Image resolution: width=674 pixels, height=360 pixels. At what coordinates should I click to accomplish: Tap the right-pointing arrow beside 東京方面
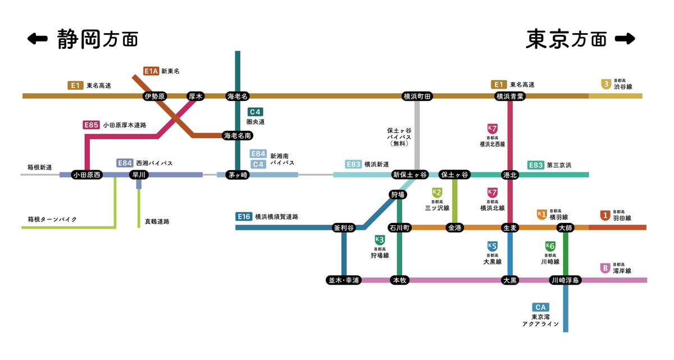tap(625, 39)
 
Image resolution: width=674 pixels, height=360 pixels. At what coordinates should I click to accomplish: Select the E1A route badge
tap(151, 71)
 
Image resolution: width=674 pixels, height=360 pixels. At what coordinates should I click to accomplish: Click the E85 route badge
tap(90, 125)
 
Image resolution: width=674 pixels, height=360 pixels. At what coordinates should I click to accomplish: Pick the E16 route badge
tap(244, 216)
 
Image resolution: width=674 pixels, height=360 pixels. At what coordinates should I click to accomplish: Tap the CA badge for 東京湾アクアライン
tap(540, 307)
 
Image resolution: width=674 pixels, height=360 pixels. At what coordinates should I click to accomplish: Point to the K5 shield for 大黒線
tap(492, 245)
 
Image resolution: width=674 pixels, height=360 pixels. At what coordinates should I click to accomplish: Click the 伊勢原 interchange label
tap(155, 96)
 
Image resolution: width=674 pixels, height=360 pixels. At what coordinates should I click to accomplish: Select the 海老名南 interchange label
tap(238, 135)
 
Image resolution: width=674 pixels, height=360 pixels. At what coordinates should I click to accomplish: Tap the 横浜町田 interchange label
tap(417, 96)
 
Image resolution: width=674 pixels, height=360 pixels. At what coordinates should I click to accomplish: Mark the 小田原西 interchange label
tap(87, 175)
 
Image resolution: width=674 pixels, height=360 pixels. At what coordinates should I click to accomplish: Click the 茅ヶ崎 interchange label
tap(238, 175)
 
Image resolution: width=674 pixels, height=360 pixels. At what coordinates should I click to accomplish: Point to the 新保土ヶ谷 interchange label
tap(409, 175)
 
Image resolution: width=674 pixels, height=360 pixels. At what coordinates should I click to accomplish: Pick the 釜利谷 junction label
tap(344, 227)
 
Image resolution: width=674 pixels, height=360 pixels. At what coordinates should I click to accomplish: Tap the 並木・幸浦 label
tap(344, 280)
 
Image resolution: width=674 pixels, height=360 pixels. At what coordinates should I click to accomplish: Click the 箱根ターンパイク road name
tap(52, 219)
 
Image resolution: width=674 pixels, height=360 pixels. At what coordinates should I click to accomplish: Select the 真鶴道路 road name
tap(157, 221)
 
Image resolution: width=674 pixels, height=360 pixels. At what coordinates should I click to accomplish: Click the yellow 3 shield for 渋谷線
tap(605, 84)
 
